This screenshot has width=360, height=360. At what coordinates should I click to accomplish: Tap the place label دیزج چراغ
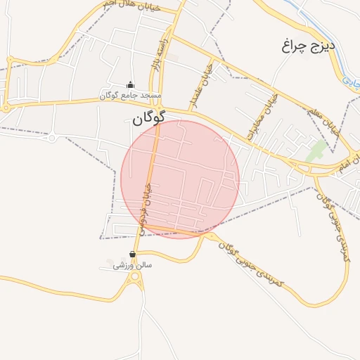pos(310,46)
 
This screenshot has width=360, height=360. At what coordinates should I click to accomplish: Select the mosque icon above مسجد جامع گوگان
pos(129,85)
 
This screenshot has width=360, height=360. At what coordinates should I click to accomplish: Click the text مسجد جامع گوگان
pos(131,95)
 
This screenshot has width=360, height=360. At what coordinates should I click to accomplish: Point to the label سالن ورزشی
pos(133,265)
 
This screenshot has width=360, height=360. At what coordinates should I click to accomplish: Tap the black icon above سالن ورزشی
pos(132,255)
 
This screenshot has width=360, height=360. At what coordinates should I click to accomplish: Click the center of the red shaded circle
pos(180,179)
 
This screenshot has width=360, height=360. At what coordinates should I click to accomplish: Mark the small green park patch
pos(319,149)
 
